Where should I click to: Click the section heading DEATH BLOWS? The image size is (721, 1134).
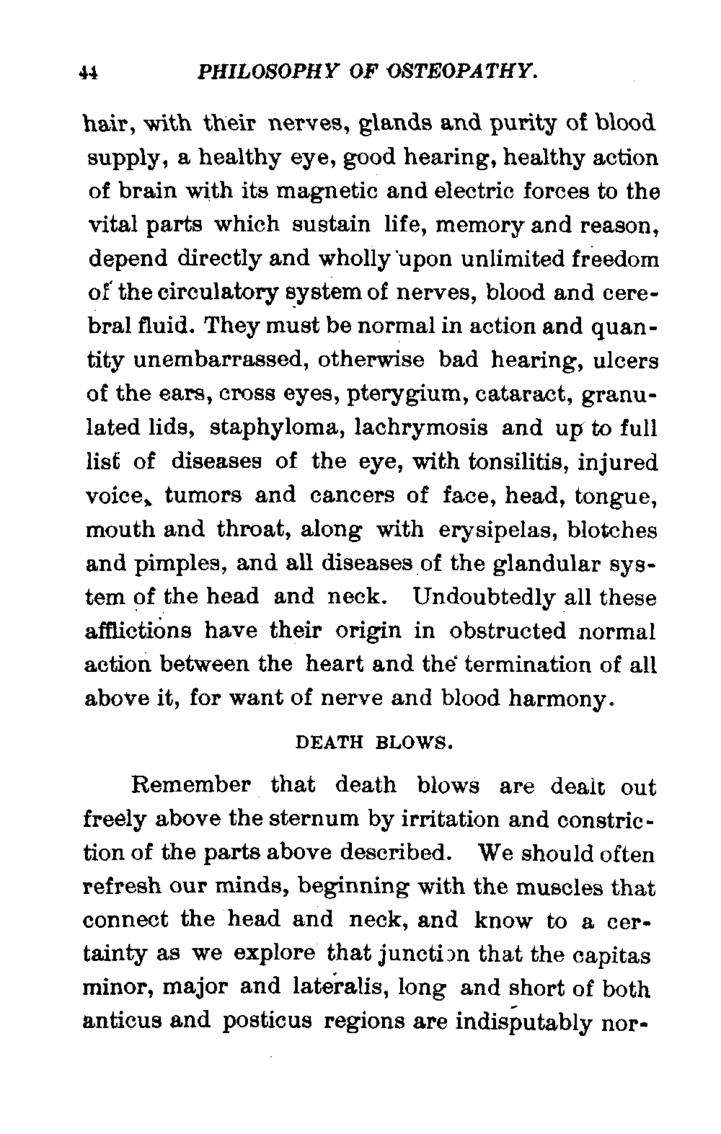tap(374, 742)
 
